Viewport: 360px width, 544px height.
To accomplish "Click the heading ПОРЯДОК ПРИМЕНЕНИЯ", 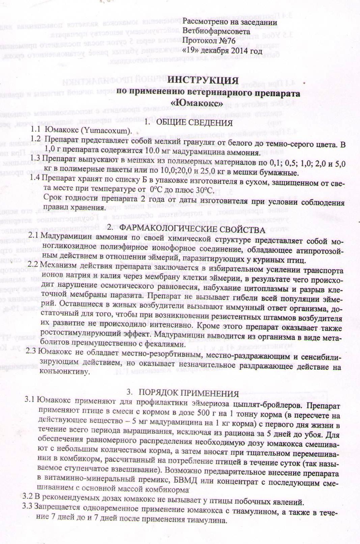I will [x=189, y=394].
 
